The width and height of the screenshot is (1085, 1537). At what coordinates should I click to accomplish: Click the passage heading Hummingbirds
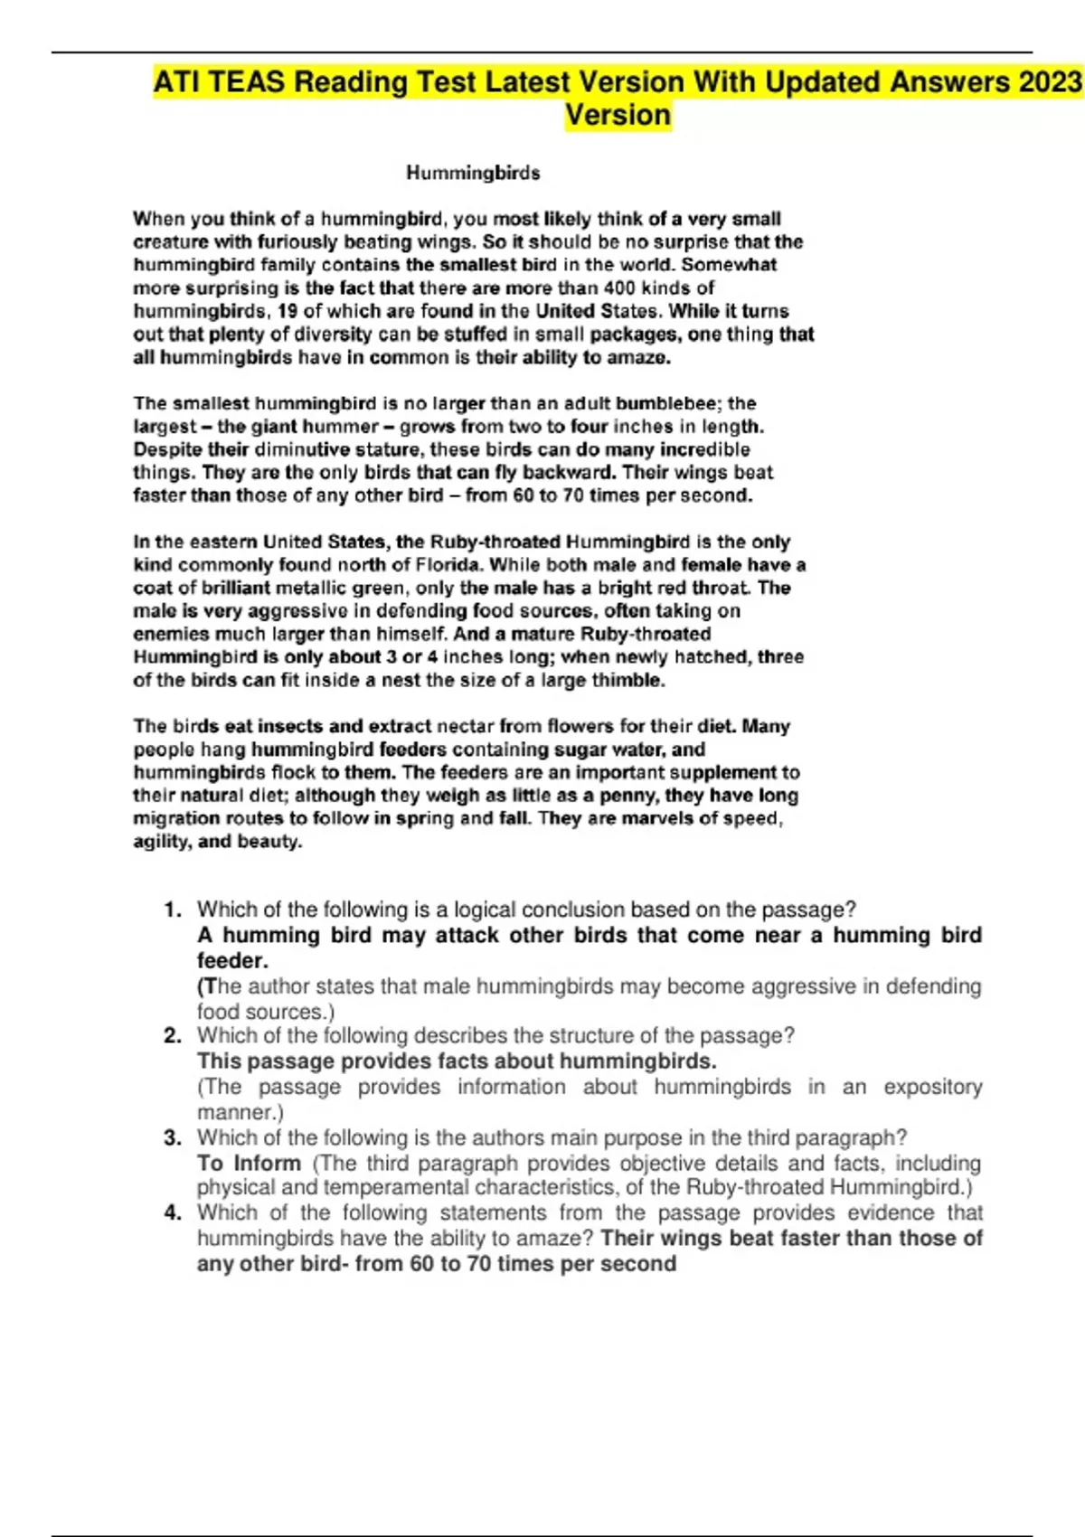coord(473,173)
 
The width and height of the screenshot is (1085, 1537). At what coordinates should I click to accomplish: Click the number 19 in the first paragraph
coord(285,311)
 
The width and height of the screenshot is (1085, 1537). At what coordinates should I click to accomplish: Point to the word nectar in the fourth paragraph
coord(465,726)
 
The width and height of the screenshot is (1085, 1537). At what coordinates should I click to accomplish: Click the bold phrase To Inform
coord(249,1163)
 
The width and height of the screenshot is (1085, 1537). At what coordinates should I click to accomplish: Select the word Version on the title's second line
coord(618,116)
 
